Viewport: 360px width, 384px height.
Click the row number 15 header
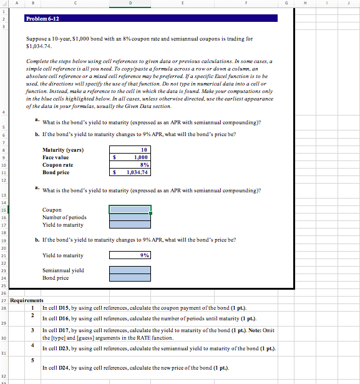[4, 210]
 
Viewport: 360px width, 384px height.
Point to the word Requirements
[28, 300]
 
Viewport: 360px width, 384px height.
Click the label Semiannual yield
[63, 270]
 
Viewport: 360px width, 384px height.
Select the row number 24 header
[4, 278]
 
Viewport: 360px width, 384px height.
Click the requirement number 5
[32, 360]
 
